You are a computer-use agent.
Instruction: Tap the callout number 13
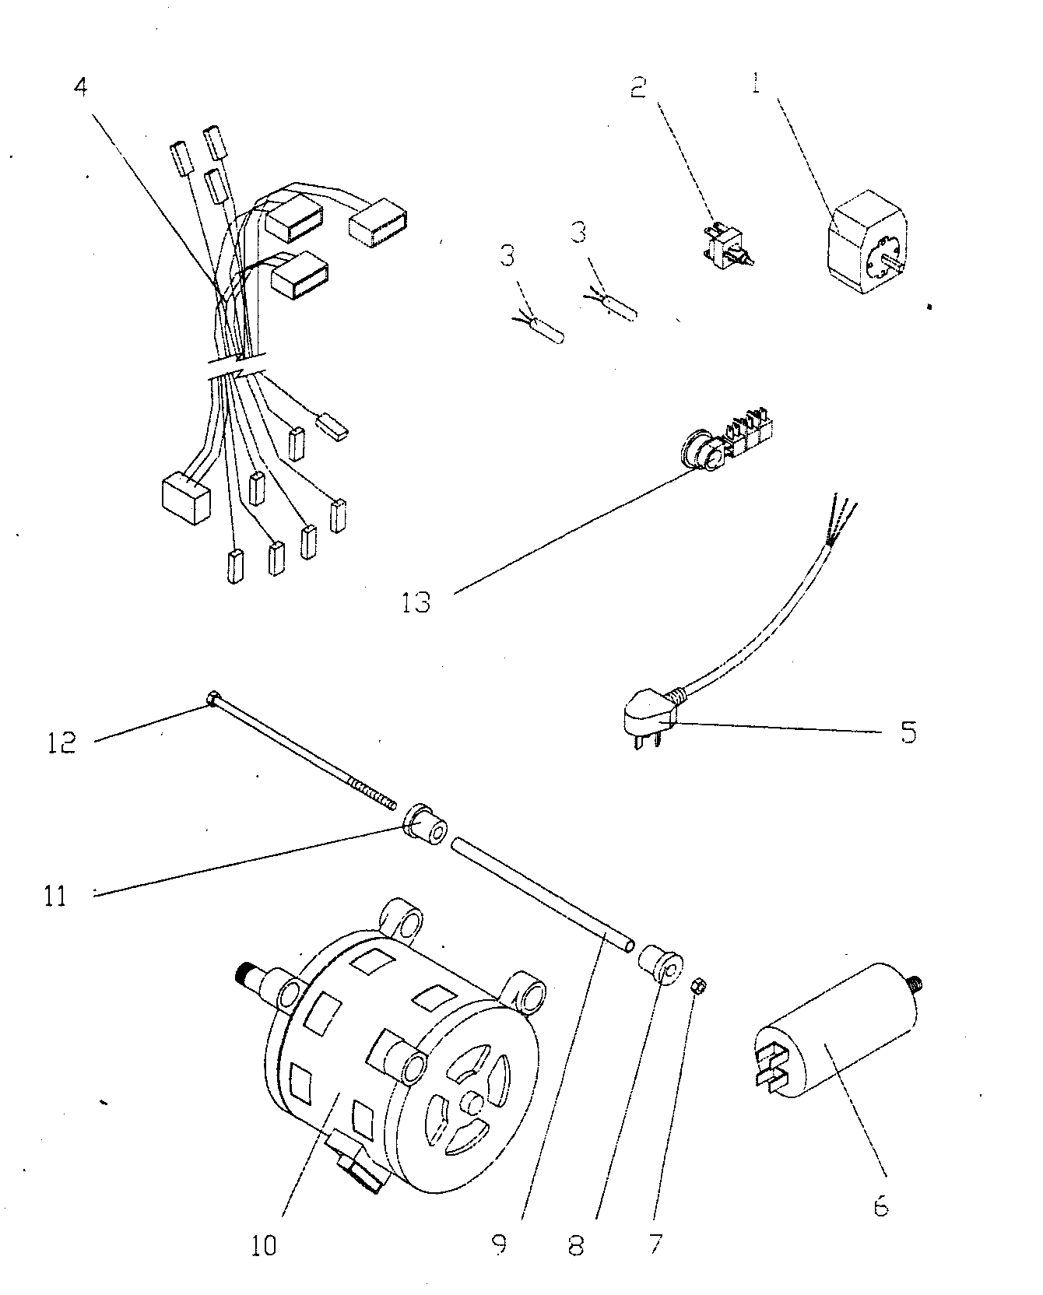tap(416, 602)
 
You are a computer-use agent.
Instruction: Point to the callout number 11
tap(55, 896)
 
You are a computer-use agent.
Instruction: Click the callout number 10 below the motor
tap(264, 1246)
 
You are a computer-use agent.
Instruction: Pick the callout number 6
tap(880, 1207)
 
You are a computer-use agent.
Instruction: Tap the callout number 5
tap(908, 732)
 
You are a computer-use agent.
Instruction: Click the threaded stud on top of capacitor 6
tap(915, 982)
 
